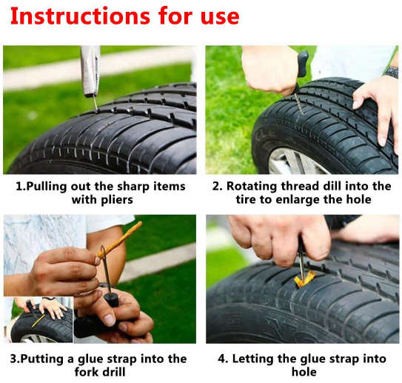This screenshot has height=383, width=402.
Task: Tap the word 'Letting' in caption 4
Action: coord(255,359)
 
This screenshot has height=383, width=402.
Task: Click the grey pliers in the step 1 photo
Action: coord(90,71)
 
